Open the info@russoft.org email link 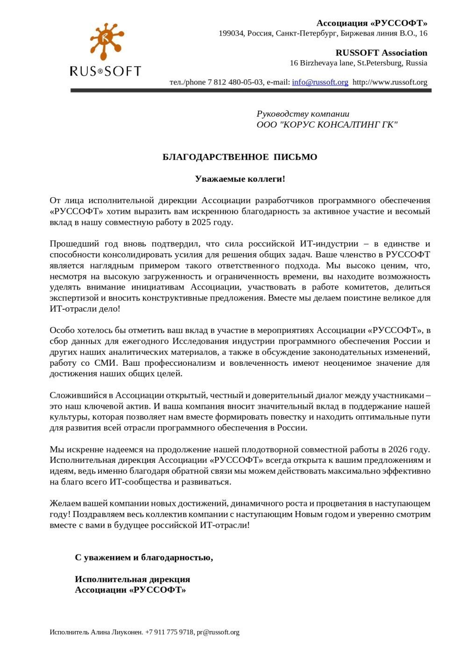(x=320, y=82)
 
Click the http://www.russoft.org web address (x=389, y=82)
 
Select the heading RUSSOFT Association (x=381, y=53)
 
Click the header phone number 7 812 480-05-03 (x=235, y=82)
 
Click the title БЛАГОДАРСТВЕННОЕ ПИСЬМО (x=240, y=157)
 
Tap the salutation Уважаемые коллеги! (x=240, y=179)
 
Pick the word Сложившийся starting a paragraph (x=76, y=395)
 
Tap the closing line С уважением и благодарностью (x=144, y=557)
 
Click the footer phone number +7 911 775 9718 (x=169, y=632)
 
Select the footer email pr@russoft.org (x=218, y=632)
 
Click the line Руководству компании (x=303, y=114)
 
